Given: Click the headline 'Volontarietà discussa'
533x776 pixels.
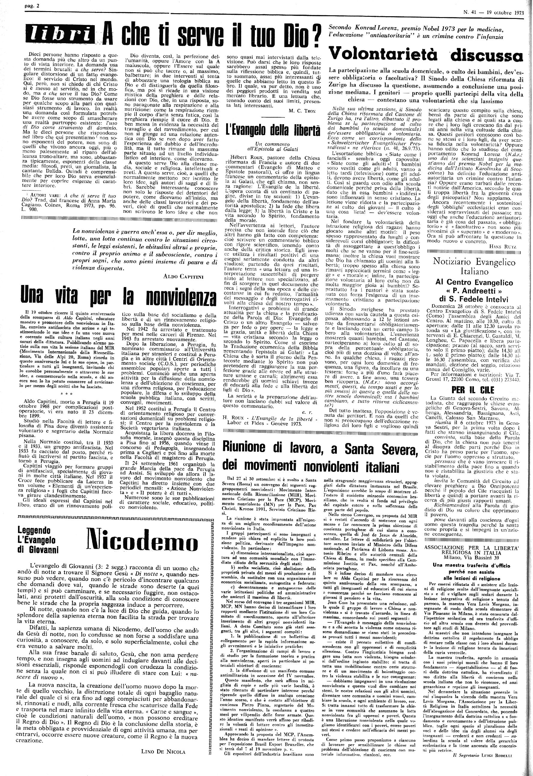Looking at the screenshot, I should pyautogui.click(x=426, y=54).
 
